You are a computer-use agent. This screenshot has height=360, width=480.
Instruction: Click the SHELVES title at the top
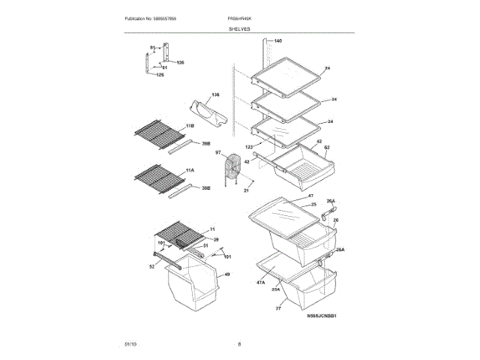tap(240, 28)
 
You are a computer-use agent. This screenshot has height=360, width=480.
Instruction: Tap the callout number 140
tap(277, 40)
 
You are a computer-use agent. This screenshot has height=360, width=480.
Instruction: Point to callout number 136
tap(215, 94)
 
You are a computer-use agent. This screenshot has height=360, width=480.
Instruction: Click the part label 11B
tap(190, 125)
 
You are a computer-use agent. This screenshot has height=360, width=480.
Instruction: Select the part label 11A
tap(190, 171)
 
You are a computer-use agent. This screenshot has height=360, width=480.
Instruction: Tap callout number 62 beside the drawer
tap(327, 148)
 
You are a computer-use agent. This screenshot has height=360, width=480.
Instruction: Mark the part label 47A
tap(261, 283)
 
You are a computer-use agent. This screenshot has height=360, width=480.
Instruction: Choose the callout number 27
tap(277, 308)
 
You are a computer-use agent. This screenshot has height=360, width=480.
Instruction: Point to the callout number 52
tap(151, 267)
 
